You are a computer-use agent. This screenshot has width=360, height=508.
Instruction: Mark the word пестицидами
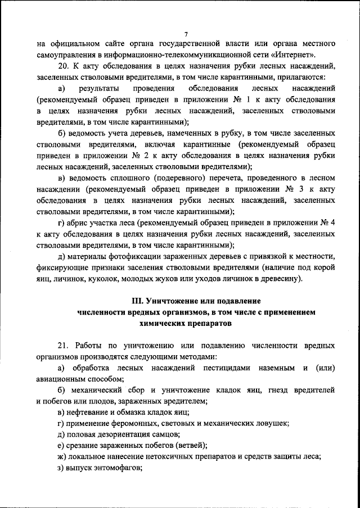[223, 368]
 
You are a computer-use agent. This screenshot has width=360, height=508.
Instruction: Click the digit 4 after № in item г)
[333, 223]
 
